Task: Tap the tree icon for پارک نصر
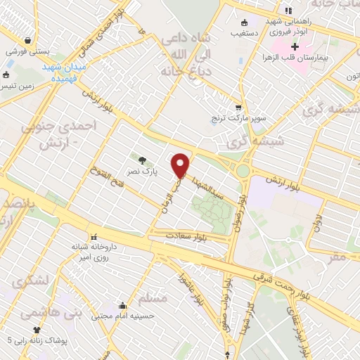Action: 143,160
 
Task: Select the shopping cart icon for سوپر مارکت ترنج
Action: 238,108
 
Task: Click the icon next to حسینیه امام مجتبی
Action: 123,305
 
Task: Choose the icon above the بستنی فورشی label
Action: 27,40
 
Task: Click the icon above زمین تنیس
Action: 6,75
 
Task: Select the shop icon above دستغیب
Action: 244,22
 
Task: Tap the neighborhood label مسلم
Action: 155,298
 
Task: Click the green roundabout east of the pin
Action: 243,171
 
